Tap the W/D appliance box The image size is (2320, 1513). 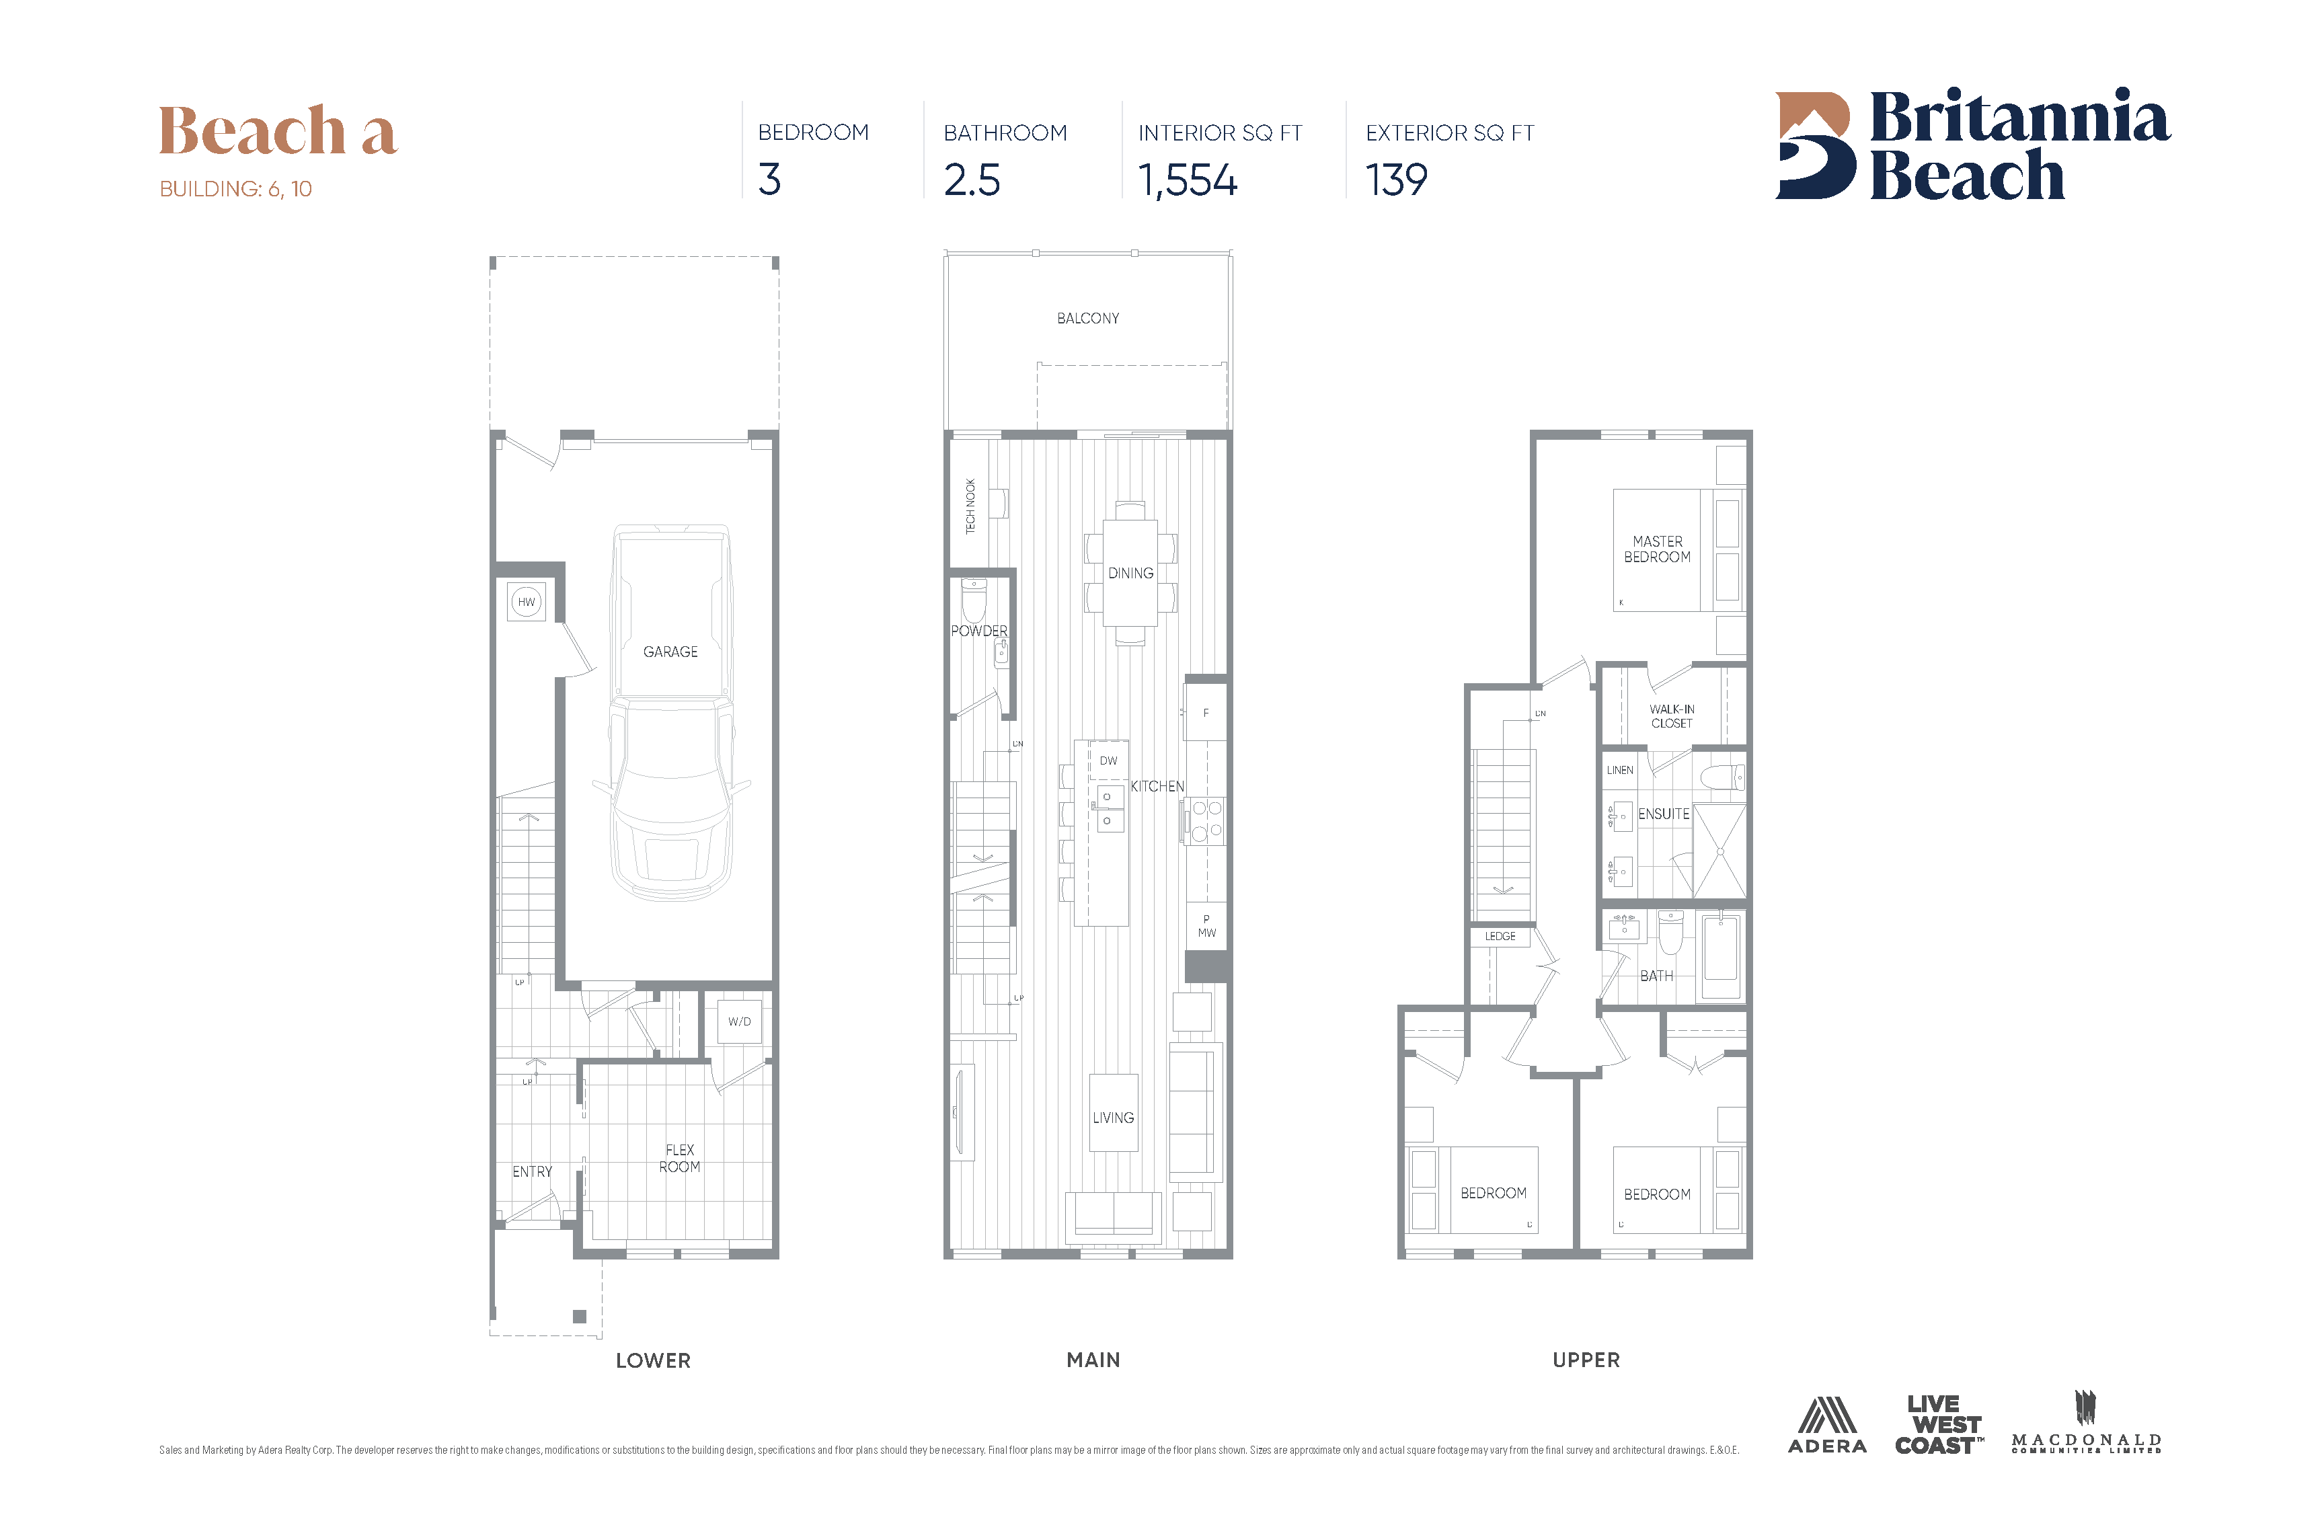[x=739, y=1021]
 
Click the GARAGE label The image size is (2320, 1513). [x=670, y=651]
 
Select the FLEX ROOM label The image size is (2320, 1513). [x=679, y=1158]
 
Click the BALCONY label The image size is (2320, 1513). [x=1088, y=319]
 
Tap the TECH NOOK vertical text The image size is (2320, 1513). [x=970, y=506]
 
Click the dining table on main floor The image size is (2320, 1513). [x=1130, y=573]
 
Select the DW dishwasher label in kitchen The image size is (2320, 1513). [x=1108, y=761]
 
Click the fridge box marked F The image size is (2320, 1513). [x=1206, y=713]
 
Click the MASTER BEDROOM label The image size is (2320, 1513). [x=1657, y=549]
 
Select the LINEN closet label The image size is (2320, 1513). [x=1620, y=770]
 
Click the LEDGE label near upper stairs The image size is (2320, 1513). [x=1500, y=937]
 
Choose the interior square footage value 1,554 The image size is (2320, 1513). [x=1188, y=180]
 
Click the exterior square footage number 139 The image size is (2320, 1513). [x=1396, y=180]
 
